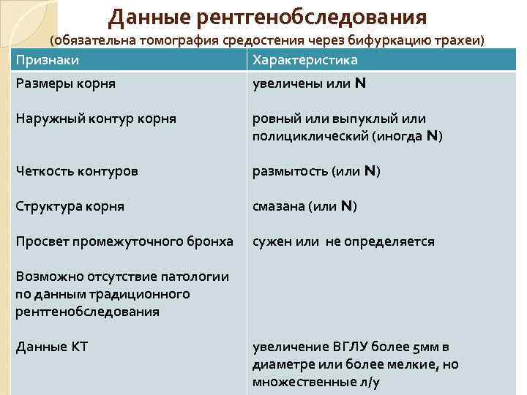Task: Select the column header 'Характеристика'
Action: coord(304,60)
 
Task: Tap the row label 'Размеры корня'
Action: coord(65,83)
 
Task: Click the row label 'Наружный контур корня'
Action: coord(96,118)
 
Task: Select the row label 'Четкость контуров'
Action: coord(77,171)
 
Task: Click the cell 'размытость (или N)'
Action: coord(316,171)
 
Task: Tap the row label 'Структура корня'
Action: coord(70,206)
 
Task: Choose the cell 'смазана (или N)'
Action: coord(304,206)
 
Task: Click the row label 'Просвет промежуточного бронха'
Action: coord(124,241)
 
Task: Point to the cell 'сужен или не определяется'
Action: coord(343,241)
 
